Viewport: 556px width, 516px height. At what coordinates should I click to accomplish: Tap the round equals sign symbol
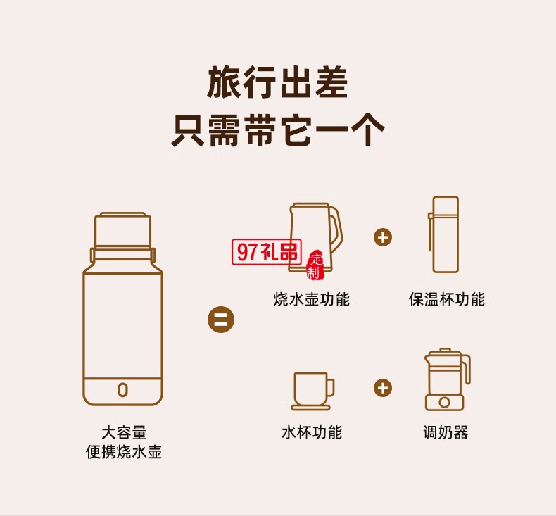220,320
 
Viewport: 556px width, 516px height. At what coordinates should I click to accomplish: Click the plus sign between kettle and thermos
383,237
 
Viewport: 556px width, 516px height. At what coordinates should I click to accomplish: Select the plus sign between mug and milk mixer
383,388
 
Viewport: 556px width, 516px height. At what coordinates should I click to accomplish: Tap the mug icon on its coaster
312,391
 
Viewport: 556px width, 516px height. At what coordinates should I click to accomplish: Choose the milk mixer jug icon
445,380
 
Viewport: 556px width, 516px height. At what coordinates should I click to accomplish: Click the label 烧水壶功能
312,299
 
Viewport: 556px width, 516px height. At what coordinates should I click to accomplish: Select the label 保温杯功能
447,299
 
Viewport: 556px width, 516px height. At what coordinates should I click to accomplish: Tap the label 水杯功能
312,432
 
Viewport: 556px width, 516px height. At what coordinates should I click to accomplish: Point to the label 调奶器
445,432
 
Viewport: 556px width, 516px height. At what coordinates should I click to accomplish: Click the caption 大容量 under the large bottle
123,432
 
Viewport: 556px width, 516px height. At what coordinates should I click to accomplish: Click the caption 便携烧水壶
123,452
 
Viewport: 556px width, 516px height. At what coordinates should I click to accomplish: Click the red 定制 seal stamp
315,264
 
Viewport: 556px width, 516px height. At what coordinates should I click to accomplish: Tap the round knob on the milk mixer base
444,402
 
